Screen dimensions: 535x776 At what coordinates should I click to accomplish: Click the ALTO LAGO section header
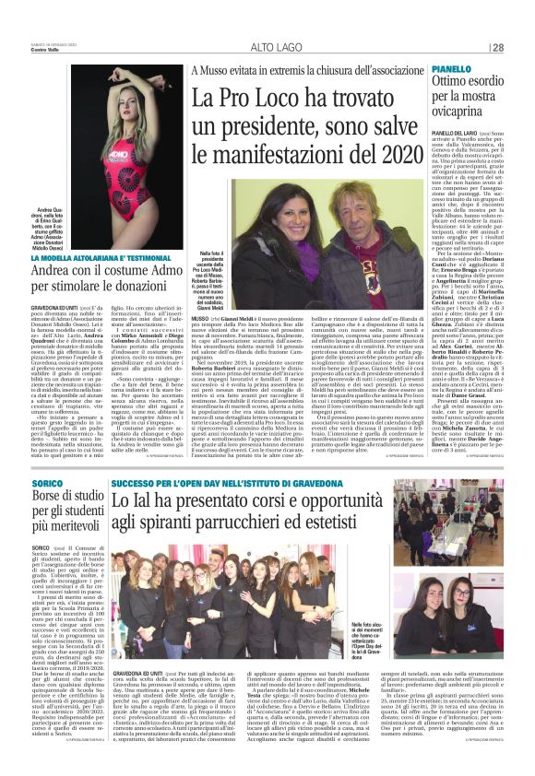pyautogui.click(x=274, y=47)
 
